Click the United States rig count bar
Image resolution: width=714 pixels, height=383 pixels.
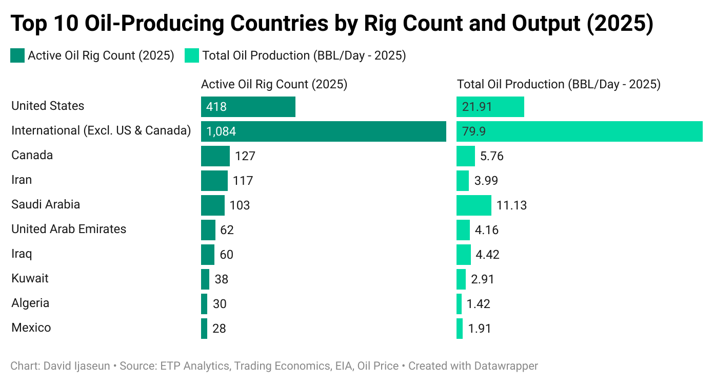(x=248, y=107)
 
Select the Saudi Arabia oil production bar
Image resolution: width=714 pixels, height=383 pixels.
(x=473, y=205)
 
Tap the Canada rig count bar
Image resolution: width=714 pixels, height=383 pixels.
(x=215, y=156)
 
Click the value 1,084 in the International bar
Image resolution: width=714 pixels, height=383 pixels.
(x=221, y=132)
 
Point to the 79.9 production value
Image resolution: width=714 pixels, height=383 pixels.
(x=474, y=132)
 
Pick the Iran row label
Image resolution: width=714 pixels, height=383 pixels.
(x=22, y=180)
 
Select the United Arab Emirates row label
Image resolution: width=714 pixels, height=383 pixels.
(x=69, y=229)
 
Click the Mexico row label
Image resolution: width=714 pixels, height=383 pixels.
(x=31, y=328)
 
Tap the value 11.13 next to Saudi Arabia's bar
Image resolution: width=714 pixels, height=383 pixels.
(x=511, y=206)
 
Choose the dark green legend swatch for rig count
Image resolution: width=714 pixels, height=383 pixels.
(x=17, y=55)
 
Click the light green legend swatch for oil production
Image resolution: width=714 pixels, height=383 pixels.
(x=191, y=55)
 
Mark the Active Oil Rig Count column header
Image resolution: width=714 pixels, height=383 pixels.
(x=274, y=84)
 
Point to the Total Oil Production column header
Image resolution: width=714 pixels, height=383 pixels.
(x=559, y=84)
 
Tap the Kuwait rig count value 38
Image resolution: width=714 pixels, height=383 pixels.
(x=221, y=279)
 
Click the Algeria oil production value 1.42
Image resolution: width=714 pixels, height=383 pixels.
(x=478, y=304)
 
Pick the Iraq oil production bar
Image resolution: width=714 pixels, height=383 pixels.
(x=463, y=255)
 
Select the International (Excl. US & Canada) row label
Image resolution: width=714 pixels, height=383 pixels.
(x=101, y=131)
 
